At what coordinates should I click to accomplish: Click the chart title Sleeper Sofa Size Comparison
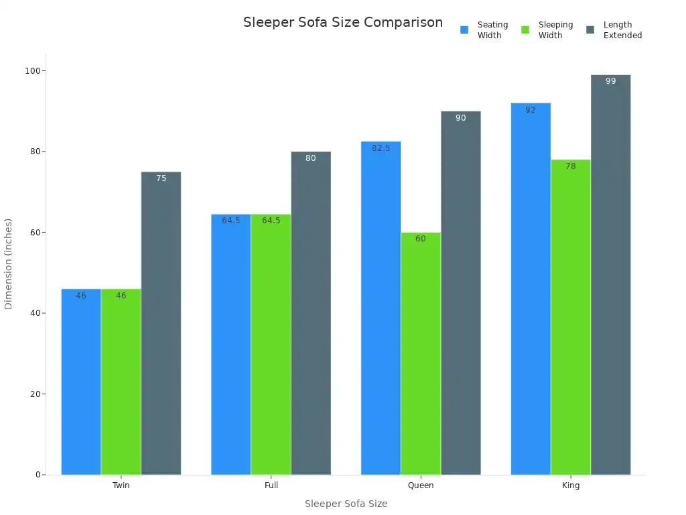[x=342, y=23]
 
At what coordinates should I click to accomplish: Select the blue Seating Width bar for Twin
[x=81, y=382]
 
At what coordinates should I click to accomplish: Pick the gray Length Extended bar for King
[x=610, y=275]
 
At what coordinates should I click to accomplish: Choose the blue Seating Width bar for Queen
[x=381, y=308]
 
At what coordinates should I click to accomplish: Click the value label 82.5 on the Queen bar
[x=381, y=148]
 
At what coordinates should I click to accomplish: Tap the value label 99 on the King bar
[x=610, y=81]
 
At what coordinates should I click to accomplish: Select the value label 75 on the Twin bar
[x=161, y=178]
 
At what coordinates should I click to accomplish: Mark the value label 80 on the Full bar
[x=311, y=158]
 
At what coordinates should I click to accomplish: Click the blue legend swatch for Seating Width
[x=464, y=30]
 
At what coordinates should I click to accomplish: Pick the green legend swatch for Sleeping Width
[x=525, y=30]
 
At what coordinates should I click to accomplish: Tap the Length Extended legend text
[x=622, y=30]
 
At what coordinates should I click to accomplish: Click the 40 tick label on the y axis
[x=33, y=313]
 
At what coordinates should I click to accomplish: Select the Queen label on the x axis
[x=421, y=485]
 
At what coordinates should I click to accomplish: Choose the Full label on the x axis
[x=271, y=485]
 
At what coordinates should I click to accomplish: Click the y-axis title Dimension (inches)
[x=9, y=264]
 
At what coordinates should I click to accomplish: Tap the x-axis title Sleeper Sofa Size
[x=346, y=504]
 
